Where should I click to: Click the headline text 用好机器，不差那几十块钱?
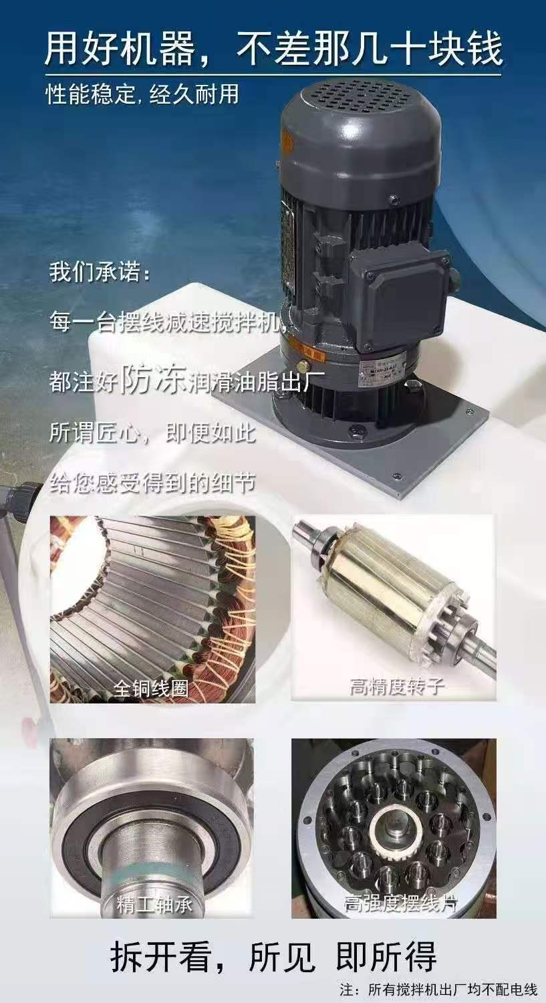point(273,49)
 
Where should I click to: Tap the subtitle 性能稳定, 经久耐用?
point(142,94)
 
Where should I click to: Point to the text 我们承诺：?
point(100,273)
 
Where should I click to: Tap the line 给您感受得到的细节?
point(152,483)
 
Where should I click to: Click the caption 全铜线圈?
point(150,687)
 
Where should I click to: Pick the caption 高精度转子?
point(397,686)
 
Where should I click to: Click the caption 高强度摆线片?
point(400,903)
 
